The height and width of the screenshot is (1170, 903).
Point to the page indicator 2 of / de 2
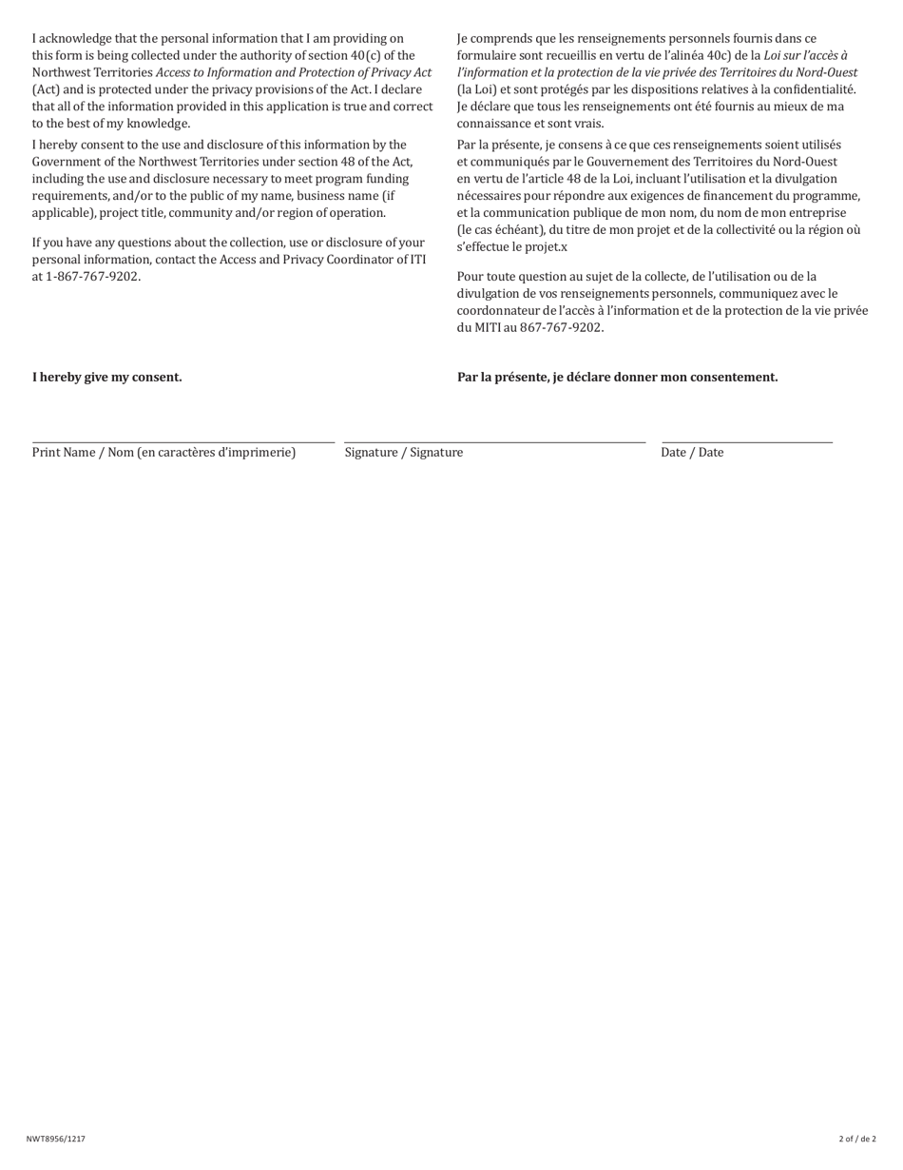coord(857,1139)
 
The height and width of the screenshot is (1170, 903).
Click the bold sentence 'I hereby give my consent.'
coord(107,377)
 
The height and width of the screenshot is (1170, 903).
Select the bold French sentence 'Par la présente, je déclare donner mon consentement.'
coord(617,377)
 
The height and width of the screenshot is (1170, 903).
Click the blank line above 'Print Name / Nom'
coord(183,441)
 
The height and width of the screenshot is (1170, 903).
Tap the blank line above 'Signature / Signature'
coord(494,441)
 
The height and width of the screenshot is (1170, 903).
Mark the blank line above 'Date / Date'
coord(746,441)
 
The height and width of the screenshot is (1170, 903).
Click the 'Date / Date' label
coord(692,453)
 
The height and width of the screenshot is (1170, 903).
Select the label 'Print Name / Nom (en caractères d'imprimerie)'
coord(163,453)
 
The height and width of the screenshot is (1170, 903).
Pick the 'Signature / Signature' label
coord(404,453)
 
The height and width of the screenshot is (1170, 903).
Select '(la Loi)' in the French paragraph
coord(477,89)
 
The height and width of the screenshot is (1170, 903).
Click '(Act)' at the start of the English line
coord(47,89)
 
